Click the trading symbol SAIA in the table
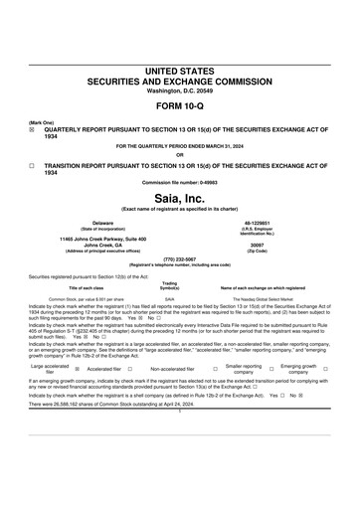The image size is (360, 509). click(x=170, y=269)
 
